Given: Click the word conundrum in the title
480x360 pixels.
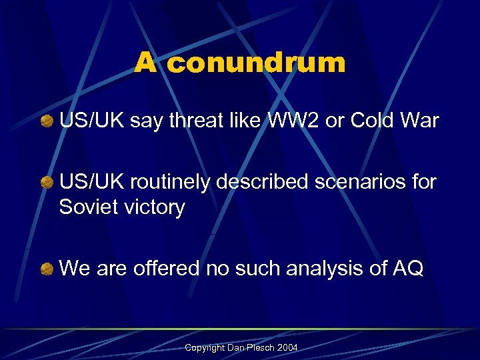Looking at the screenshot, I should click(257, 63).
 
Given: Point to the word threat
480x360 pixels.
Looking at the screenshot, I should click(193, 121).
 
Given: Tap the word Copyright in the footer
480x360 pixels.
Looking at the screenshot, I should click(203, 348).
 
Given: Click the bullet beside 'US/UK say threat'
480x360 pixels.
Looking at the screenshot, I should click(47, 121).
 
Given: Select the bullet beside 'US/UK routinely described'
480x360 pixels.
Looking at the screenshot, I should click(47, 182).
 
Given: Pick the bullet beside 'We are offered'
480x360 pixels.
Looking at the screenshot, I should click(47, 269).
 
